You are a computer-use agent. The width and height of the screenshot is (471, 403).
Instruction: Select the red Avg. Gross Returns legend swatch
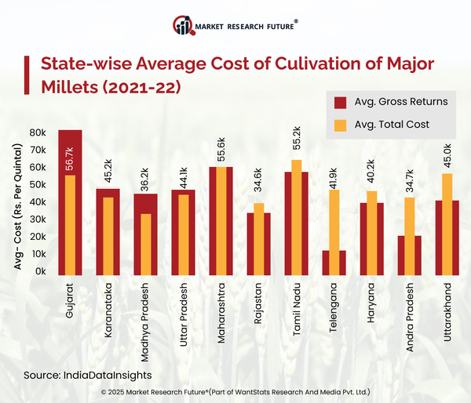(341, 102)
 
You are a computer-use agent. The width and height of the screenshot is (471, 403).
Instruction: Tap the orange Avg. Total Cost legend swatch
(341, 124)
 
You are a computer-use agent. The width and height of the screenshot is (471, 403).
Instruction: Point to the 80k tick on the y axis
(37, 133)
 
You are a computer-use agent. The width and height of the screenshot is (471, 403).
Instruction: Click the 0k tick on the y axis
(40, 270)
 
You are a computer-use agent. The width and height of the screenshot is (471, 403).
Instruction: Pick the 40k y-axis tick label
(37, 201)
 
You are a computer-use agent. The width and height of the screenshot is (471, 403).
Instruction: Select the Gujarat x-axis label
(70, 300)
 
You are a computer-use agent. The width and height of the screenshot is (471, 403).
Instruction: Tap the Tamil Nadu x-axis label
(297, 307)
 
